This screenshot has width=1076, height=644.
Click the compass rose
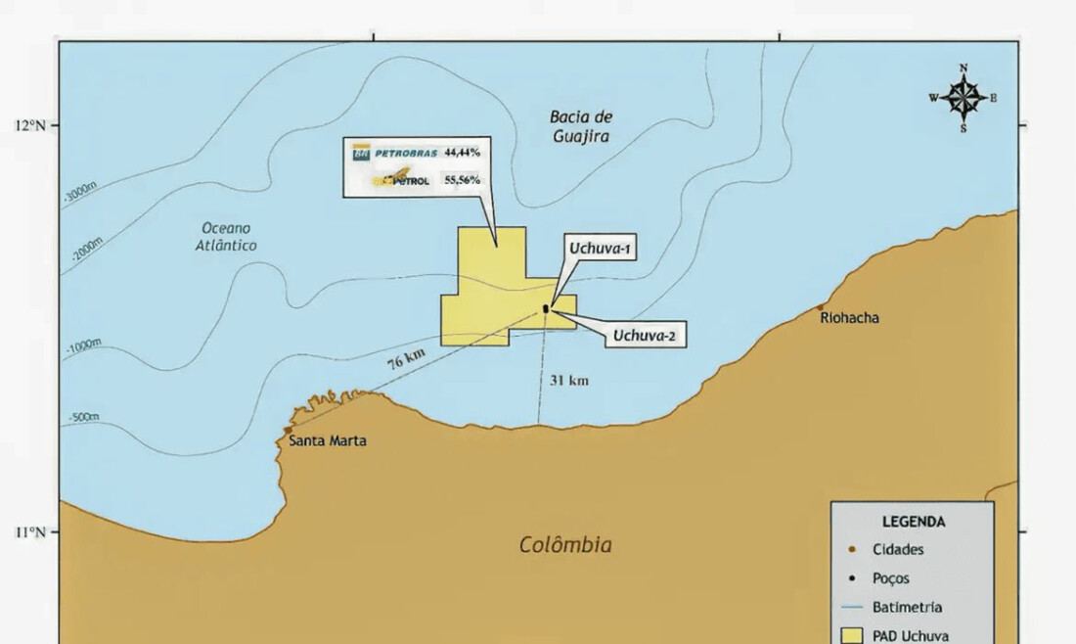(964, 98)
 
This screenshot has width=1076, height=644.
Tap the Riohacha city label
(849, 318)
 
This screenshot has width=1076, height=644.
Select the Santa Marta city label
(328, 441)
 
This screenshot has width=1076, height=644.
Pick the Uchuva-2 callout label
(644, 338)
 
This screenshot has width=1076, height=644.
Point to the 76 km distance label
(406, 359)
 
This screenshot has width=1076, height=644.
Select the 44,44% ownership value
(462, 154)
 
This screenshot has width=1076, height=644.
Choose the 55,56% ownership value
(462, 181)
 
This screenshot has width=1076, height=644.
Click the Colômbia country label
(565, 545)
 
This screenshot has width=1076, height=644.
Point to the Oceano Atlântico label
(225, 237)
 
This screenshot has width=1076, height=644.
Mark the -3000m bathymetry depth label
(80, 193)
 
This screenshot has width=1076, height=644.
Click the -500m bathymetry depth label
(83, 418)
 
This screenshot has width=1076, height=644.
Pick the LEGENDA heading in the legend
(913, 523)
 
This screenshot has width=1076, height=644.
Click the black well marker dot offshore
(546, 309)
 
